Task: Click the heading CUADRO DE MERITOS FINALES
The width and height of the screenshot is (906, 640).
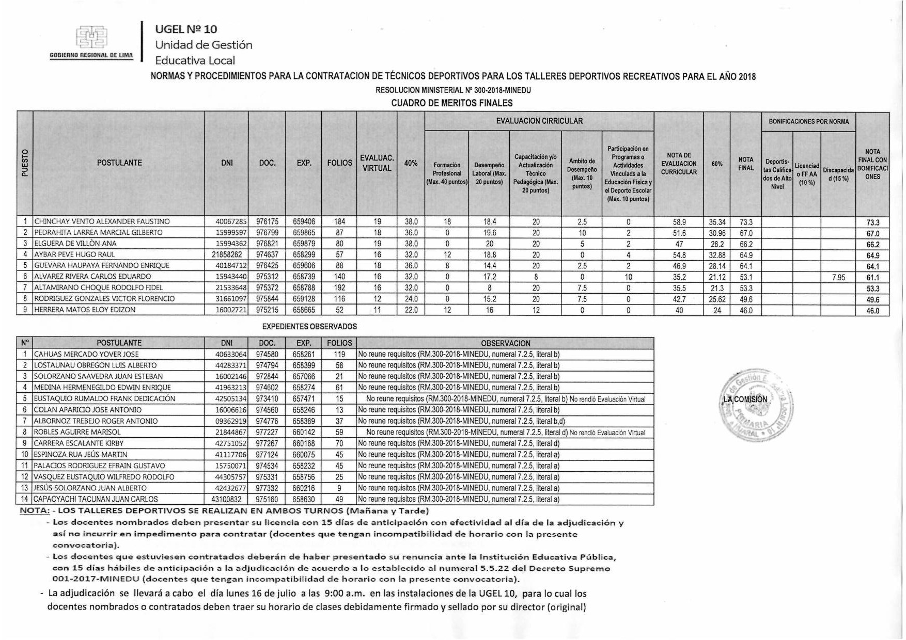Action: tap(451, 103)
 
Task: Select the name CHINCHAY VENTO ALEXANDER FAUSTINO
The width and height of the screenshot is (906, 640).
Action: tap(102, 221)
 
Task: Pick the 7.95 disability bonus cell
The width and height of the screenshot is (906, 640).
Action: tap(838, 277)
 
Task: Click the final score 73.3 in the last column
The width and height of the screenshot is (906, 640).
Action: tap(872, 222)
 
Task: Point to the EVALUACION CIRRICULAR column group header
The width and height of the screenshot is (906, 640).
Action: tap(539, 121)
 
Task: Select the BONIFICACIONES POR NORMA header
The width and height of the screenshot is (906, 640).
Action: tap(808, 122)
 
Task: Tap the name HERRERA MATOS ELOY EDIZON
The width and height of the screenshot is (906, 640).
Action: tap(85, 310)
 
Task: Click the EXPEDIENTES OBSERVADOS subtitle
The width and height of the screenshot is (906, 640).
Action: tap(309, 327)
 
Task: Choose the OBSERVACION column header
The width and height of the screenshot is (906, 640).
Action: tap(505, 343)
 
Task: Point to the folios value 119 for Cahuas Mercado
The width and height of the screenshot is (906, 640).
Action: tap(339, 355)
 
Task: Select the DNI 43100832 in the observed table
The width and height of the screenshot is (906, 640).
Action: tap(227, 499)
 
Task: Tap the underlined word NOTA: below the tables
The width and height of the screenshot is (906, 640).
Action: tap(35, 511)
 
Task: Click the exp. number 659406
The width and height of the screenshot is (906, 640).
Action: tap(303, 221)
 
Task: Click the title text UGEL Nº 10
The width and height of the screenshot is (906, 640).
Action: tap(186, 29)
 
